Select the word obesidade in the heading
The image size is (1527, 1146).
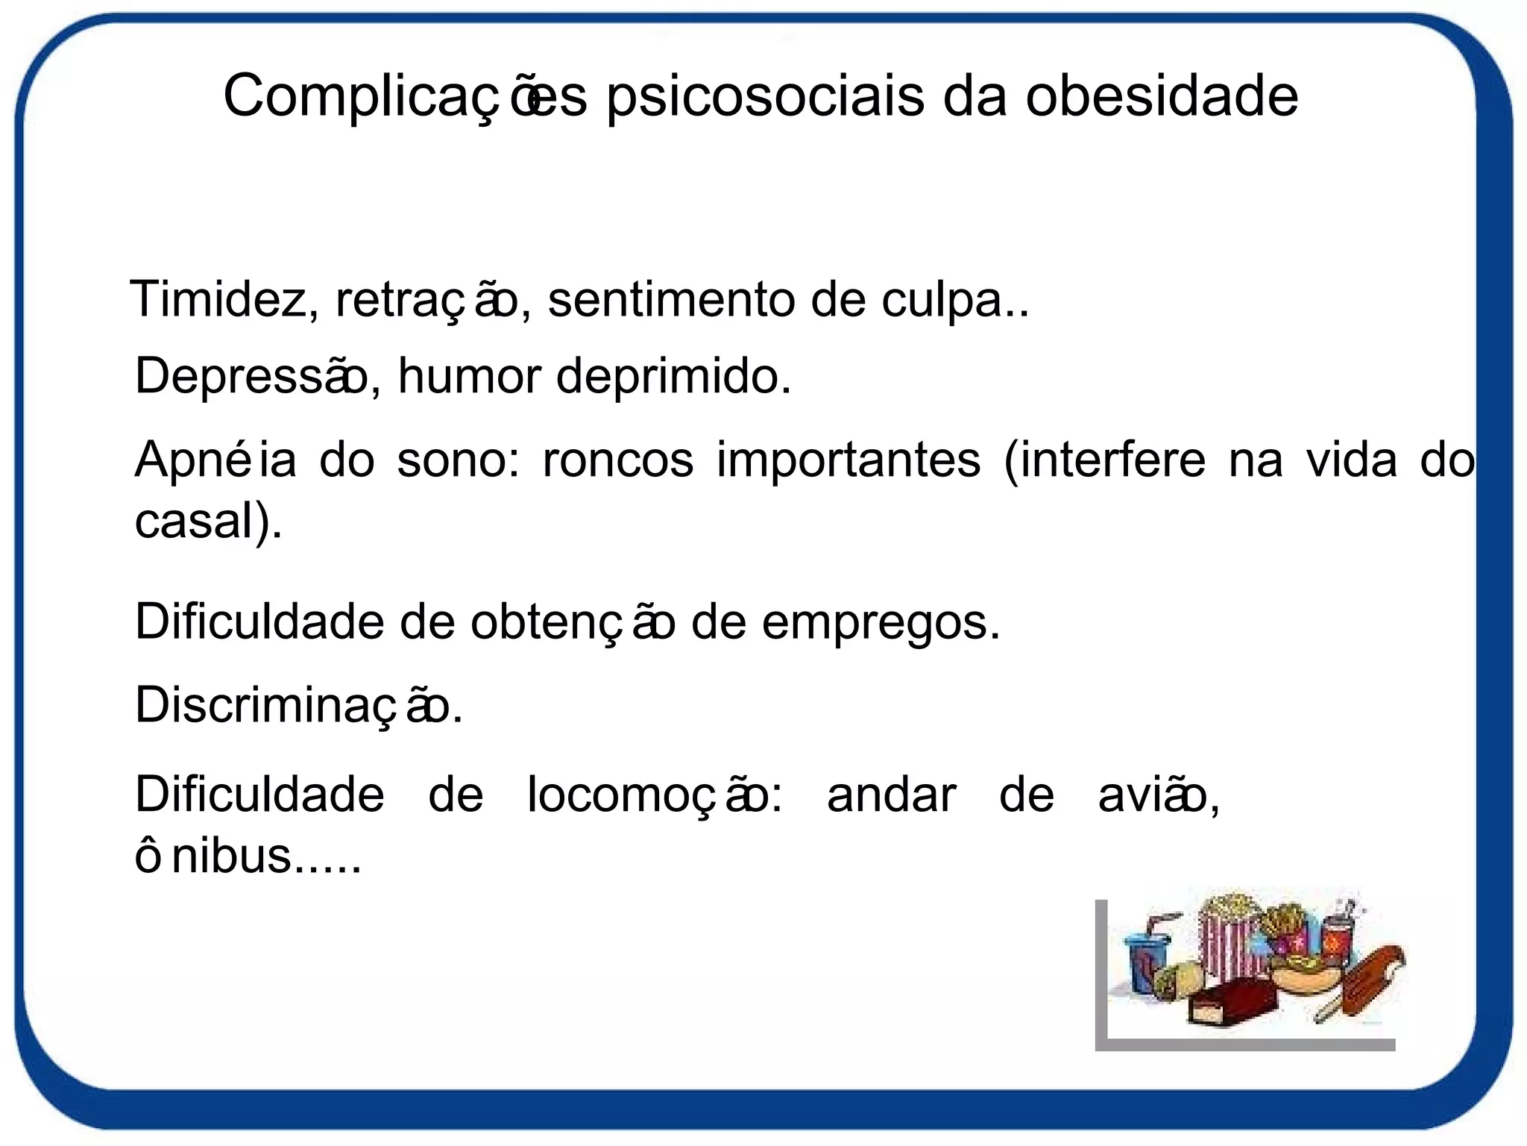(1162, 97)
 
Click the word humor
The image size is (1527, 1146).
(469, 376)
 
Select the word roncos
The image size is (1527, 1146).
(618, 460)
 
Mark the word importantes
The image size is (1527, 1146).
(848, 461)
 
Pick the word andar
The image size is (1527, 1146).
(891, 795)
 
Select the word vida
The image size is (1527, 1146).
(1351, 460)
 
